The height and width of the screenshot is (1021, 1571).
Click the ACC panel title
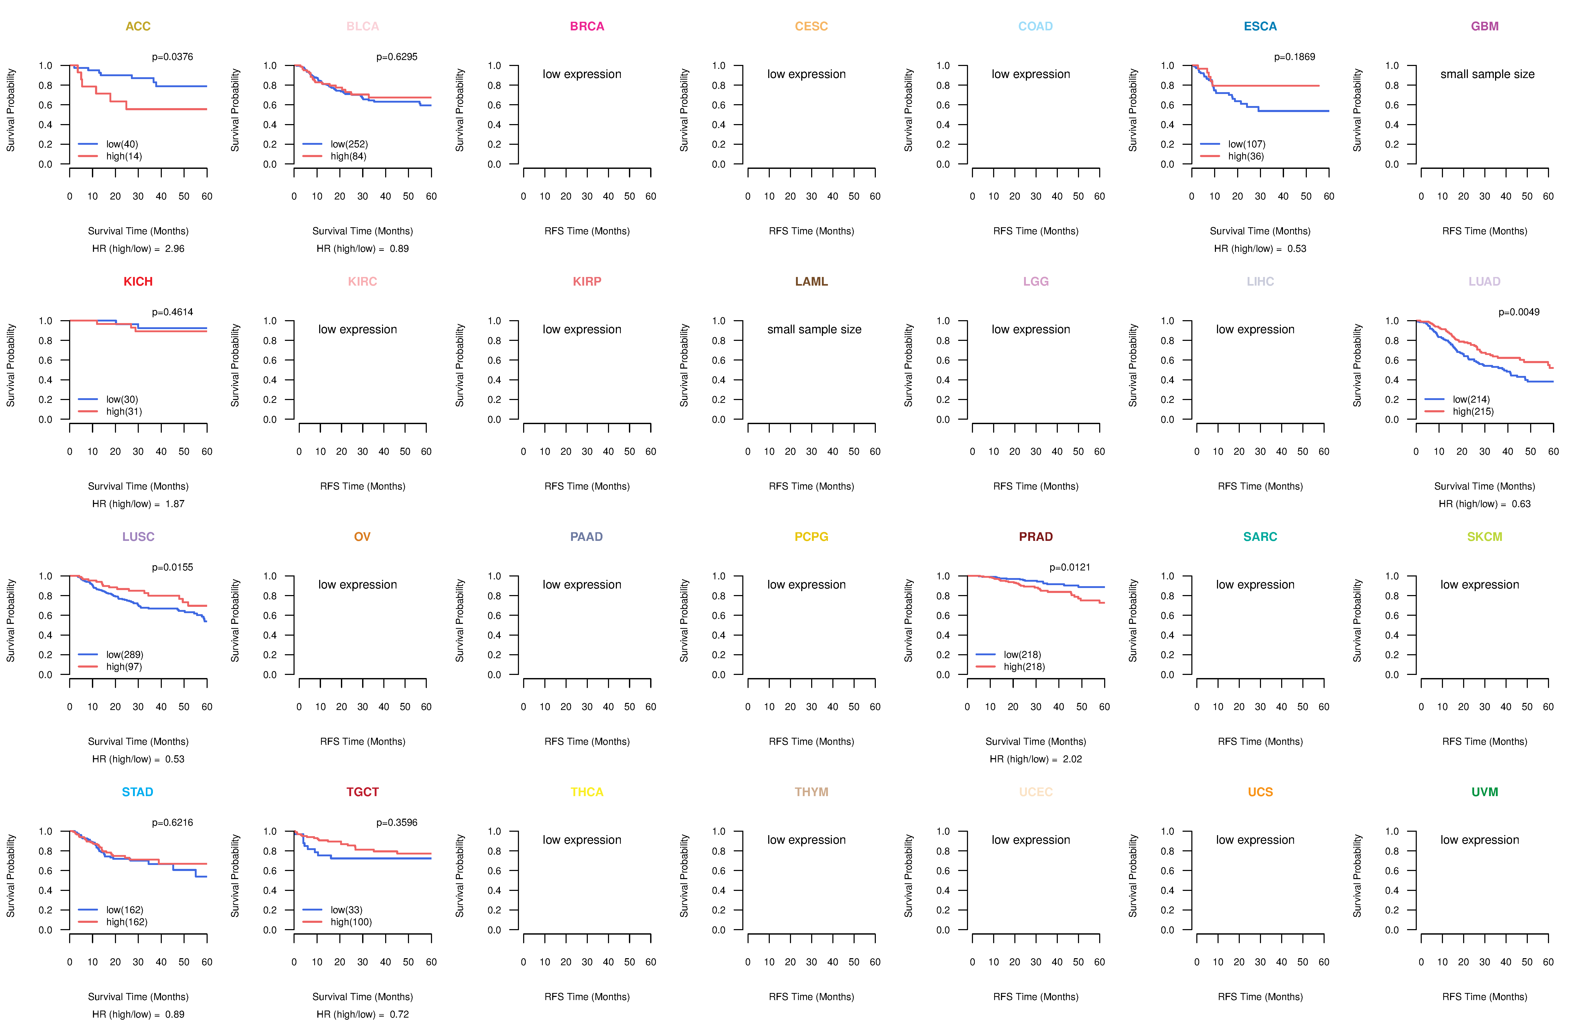click(138, 26)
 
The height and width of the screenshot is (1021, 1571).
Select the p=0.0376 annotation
click(172, 57)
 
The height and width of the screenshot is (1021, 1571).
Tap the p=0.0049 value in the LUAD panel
click(1519, 312)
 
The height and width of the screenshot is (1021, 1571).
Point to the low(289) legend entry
click(125, 655)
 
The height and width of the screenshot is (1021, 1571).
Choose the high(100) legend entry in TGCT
click(351, 922)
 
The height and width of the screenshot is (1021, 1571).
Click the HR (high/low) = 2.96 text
click(138, 249)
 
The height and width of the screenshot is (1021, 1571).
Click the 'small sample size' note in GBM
click(1487, 74)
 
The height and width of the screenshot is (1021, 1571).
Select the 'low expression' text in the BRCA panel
click(582, 74)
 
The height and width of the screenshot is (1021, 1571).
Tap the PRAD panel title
click(1036, 537)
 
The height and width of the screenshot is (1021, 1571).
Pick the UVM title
click(1485, 792)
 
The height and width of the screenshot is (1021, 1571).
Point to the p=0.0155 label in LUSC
click(172, 568)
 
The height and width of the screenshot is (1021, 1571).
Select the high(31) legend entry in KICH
click(124, 411)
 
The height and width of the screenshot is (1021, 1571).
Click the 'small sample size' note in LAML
click(814, 329)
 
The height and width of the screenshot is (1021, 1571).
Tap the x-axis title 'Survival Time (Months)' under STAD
click(138, 997)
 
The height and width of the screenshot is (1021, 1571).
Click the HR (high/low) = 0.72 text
click(362, 1014)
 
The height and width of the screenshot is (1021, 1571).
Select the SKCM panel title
click(1485, 537)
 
